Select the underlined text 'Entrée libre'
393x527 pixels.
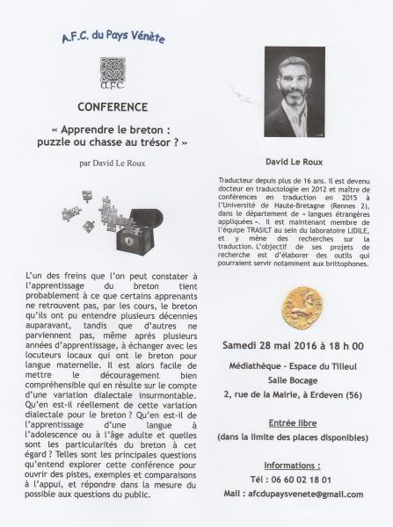[x=294, y=423]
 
